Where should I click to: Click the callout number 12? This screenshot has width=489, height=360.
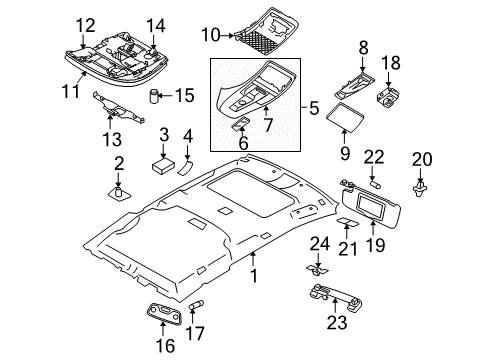click(x=86, y=26)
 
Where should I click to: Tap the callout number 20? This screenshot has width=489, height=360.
click(x=422, y=159)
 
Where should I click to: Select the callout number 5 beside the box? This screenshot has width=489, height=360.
click(x=314, y=108)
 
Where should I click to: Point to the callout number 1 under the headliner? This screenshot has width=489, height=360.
click(x=254, y=276)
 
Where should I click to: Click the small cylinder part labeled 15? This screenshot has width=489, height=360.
click(x=153, y=96)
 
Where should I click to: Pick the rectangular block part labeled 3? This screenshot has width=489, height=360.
click(x=164, y=166)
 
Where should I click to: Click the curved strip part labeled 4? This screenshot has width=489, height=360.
click(x=186, y=167)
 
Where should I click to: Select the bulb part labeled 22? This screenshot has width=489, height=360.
click(x=375, y=184)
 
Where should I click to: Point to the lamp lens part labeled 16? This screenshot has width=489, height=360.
click(x=164, y=314)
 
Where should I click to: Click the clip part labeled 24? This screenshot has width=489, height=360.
click(x=317, y=270)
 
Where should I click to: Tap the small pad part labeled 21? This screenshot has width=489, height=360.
click(x=347, y=222)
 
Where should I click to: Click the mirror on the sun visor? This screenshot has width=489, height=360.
click(x=371, y=207)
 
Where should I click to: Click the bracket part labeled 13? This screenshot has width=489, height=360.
click(x=118, y=108)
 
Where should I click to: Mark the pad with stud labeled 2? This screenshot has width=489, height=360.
click(x=118, y=193)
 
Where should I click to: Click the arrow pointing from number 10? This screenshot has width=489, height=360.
click(x=227, y=35)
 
